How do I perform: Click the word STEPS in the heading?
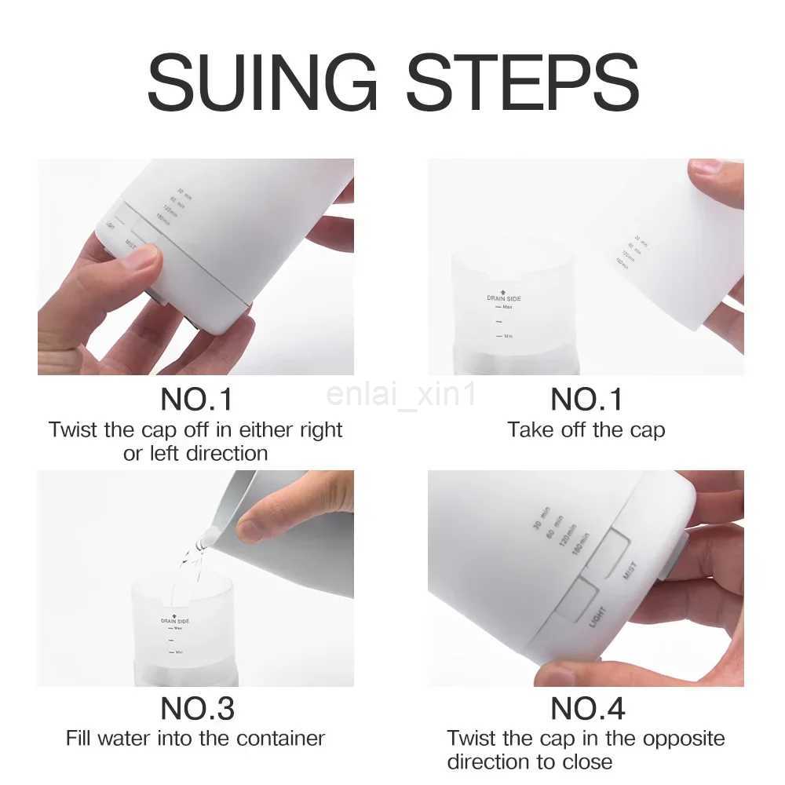click(x=522, y=82)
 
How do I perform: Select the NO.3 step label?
click(x=197, y=709)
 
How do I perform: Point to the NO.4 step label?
click(x=587, y=709)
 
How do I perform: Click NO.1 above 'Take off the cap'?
click(x=586, y=400)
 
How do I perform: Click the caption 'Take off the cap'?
click(x=586, y=430)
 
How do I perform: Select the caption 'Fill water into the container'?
click(x=195, y=739)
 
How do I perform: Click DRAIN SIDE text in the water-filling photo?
click(x=175, y=620)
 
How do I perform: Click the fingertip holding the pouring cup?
click(x=251, y=530)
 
